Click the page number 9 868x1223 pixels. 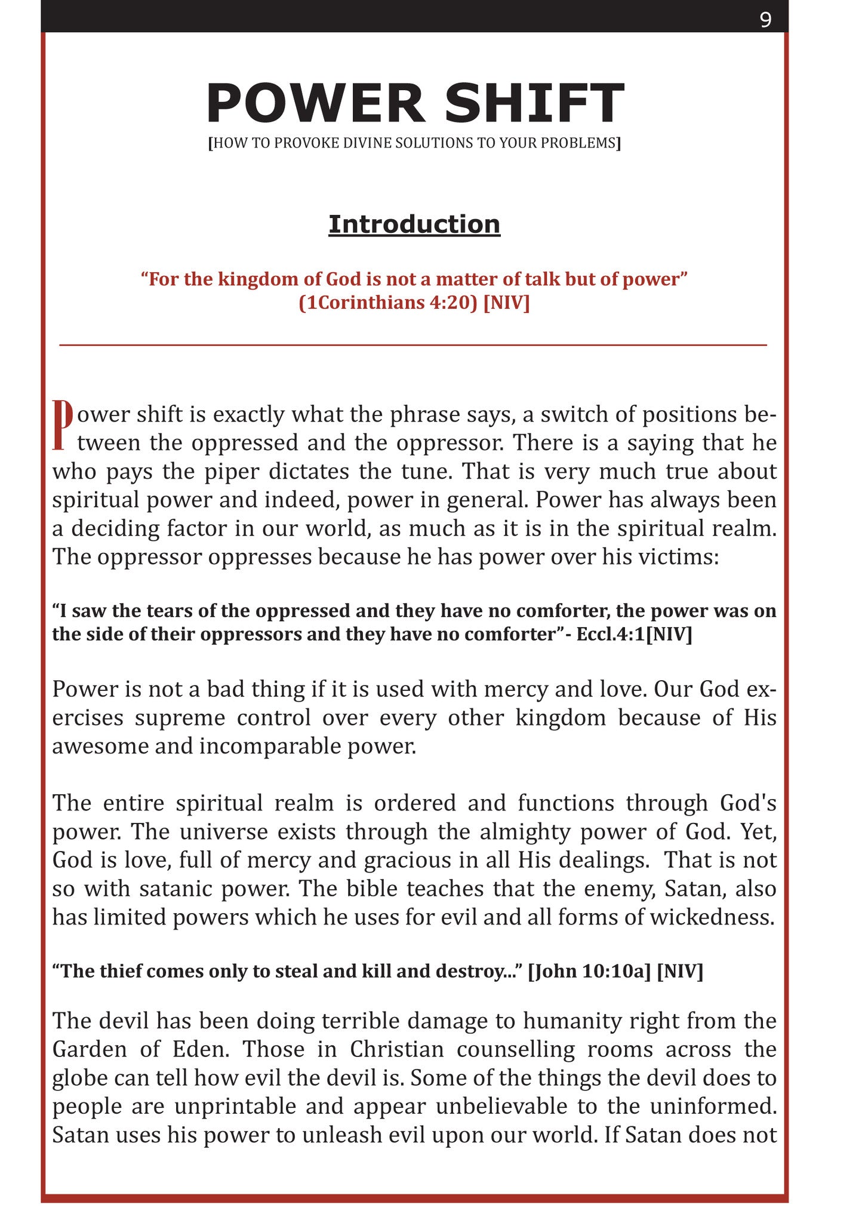(x=765, y=20)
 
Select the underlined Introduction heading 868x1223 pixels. (x=414, y=225)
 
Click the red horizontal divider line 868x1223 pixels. (x=413, y=345)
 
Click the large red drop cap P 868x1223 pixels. (x=63, y=425)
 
